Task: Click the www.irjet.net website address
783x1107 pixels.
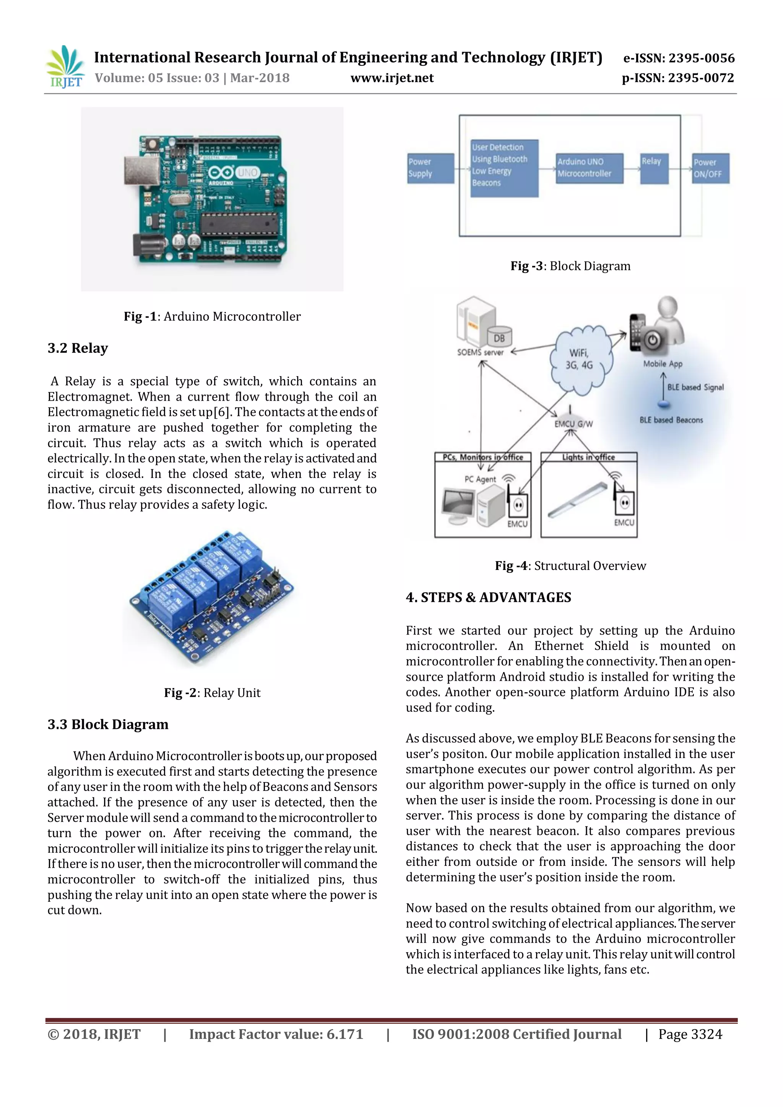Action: click(391, 78)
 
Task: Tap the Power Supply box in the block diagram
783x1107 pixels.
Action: click(430, 168)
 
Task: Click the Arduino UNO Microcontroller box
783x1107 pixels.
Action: click(589, 168)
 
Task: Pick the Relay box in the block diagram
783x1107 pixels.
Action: click(654, 168)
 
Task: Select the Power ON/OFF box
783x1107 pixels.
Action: click(711, 168)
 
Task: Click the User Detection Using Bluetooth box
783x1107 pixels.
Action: click(504, 167)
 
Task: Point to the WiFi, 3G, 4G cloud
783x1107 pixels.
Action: click(580, 359)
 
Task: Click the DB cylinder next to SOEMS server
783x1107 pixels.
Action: click(499, 337)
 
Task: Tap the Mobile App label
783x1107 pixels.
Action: click(663, 364)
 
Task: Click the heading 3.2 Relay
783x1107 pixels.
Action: click(78, 348)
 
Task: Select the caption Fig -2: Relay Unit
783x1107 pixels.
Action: click(212, 693)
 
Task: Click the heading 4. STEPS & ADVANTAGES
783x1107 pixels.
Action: click(488, 597)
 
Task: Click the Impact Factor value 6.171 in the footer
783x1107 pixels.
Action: click(275, 1035)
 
